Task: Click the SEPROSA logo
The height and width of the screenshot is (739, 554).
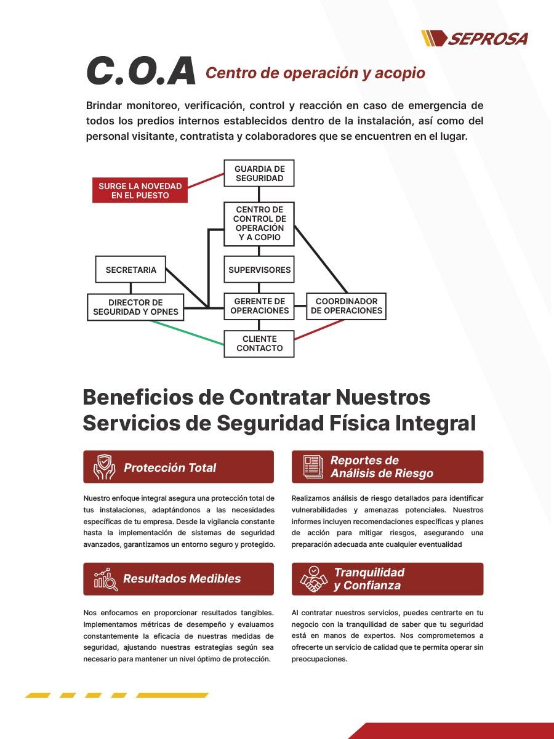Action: coord(475,39)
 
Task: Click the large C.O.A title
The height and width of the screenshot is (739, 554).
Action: coord(141,71)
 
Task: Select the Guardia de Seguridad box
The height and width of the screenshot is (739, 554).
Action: coord(259,174)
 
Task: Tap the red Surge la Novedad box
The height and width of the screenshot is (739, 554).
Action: coord(140,190)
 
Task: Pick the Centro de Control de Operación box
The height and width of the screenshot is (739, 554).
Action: coord(259,224)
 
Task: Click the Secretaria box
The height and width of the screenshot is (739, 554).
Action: coord(130,270)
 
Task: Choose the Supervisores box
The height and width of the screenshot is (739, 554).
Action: coord(259,270)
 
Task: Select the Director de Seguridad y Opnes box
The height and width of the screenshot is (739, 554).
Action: coord(135,307)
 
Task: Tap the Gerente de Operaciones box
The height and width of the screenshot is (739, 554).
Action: coord(259,306)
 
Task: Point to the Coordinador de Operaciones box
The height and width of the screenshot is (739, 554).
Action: coord(347,306)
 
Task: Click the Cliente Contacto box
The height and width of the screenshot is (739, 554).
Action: coord(259,344)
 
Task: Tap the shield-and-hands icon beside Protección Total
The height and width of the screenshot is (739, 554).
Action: coord(104,467)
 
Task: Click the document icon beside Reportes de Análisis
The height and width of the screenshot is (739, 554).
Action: coord(313,467)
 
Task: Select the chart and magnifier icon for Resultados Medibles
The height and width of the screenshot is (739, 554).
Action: coord(105,579)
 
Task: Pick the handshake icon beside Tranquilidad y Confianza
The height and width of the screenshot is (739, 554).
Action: coord(314,579)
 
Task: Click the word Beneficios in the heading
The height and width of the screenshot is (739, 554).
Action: coord(137,397)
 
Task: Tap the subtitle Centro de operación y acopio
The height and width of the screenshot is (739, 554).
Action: coord(315,73)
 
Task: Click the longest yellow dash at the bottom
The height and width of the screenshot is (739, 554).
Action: coord(172,695)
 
